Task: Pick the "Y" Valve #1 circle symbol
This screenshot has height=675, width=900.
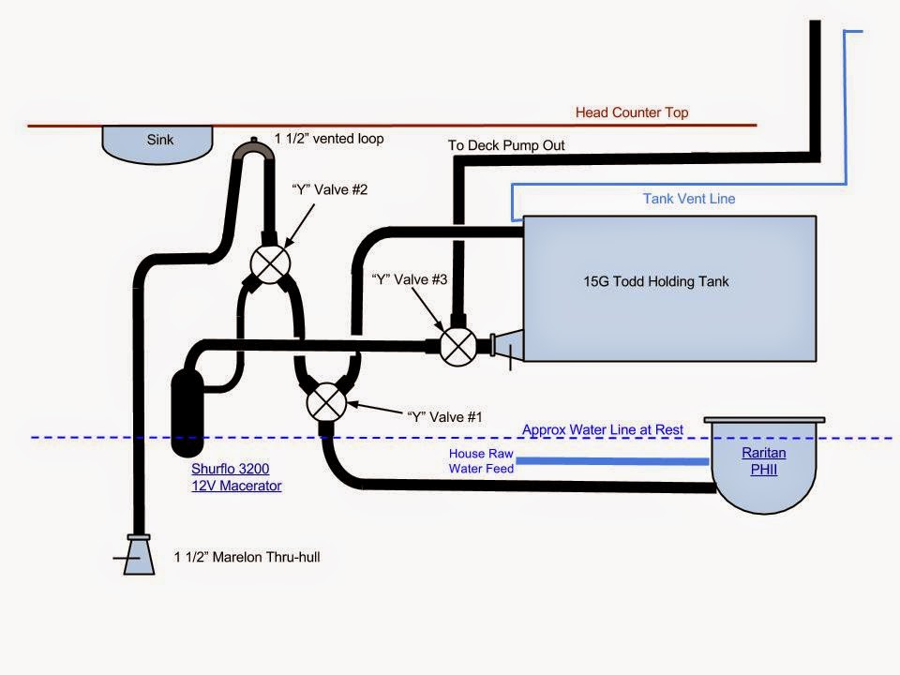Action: click(324, 402)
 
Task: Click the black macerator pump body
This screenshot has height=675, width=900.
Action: click(188, 405)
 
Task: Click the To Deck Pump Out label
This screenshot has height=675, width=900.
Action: click(506, 145)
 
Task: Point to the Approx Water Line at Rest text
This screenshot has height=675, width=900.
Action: click(603, 430)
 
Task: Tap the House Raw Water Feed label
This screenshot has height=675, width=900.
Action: click(480, 460)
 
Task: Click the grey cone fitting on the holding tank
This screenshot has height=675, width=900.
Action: click(505, 345)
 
